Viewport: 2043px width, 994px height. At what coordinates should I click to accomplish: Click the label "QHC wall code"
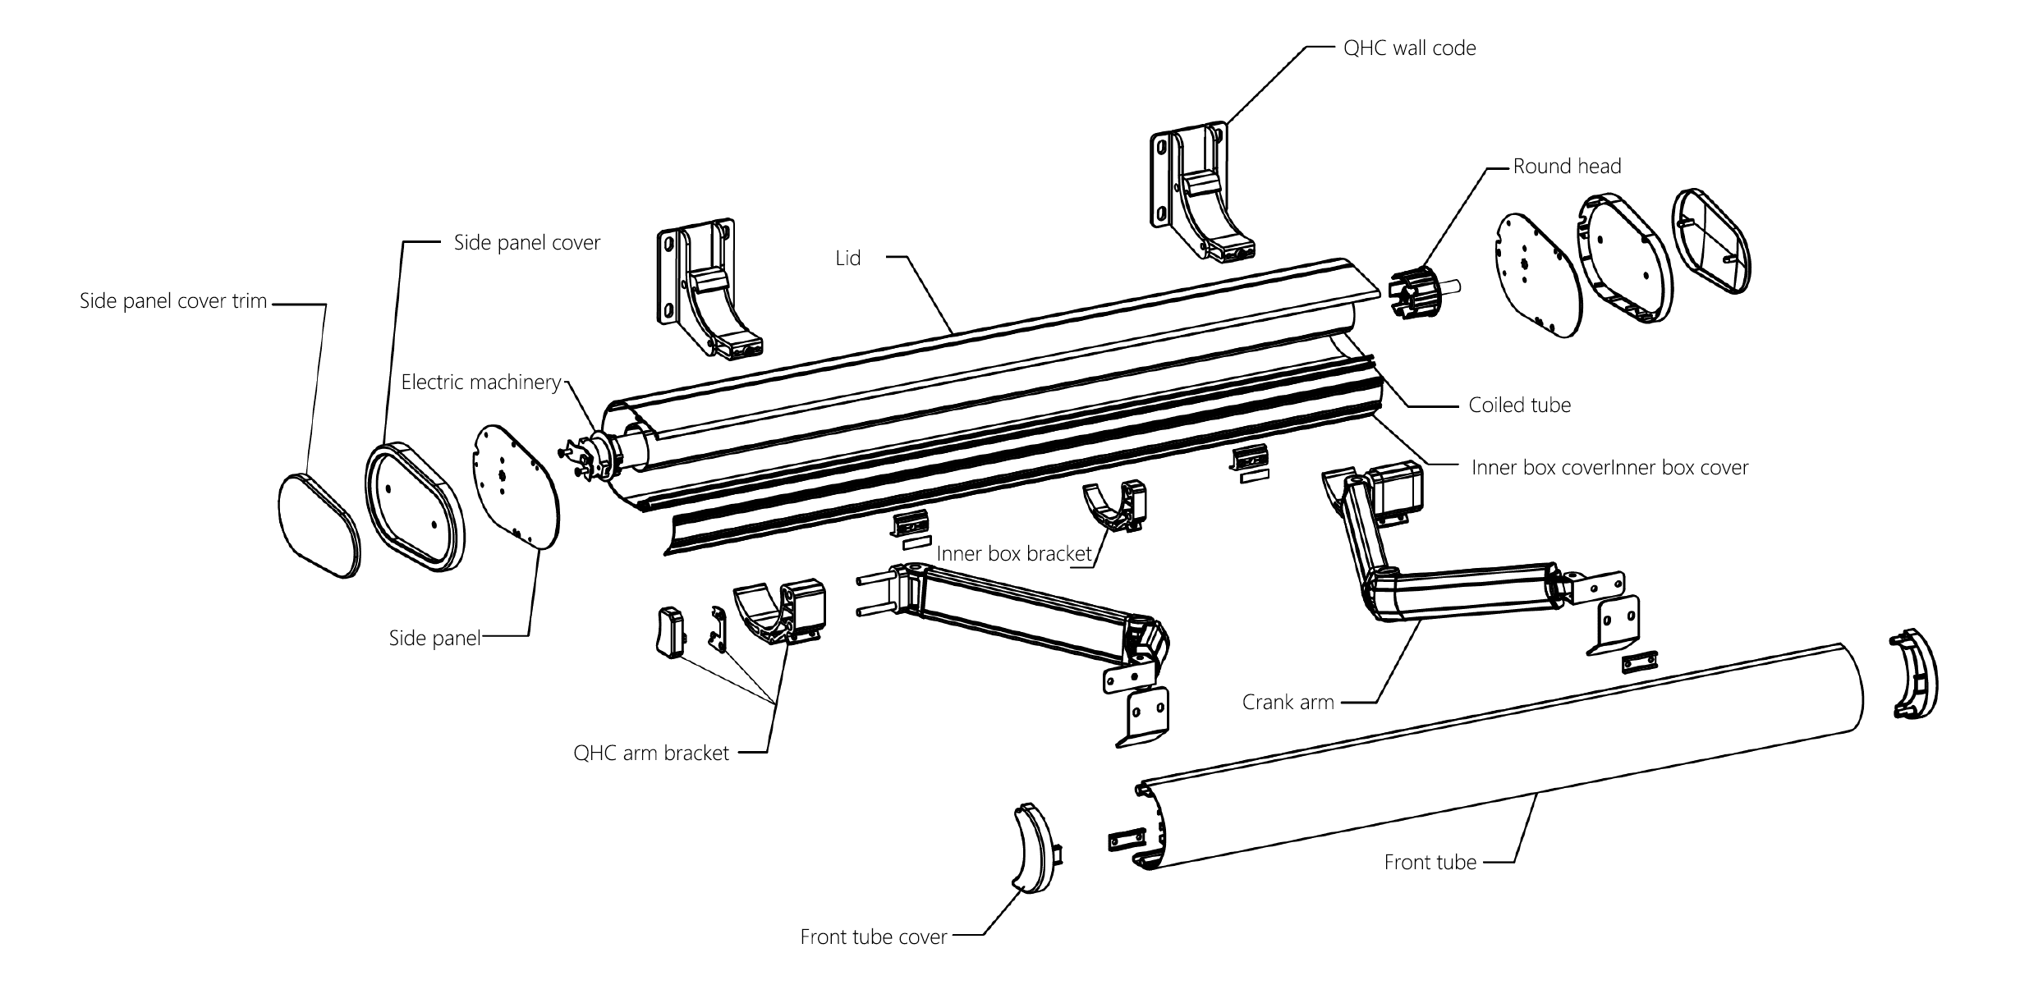(x=1409, y=48)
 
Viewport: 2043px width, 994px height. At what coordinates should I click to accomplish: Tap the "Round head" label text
(x=1567, y=167)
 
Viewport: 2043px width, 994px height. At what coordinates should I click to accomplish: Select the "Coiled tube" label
(x=1519, y=405)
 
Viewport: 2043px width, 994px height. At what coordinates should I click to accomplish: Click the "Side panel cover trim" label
(x=173, y=301)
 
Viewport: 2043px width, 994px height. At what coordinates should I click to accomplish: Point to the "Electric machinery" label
(x=481, y=382)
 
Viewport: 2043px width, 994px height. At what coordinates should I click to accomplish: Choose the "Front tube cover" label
(x=874, y=937)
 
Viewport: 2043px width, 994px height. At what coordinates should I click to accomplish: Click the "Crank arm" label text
(x=1288, y=703)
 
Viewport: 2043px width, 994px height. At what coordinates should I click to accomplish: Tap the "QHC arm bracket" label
(x=651, y=754)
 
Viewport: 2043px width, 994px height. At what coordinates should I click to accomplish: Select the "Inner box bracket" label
(x=1014, y=554)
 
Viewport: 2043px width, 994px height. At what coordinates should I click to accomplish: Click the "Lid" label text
(x=848, y=259)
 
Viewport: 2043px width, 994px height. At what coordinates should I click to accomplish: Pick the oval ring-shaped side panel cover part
(x=415, y=504)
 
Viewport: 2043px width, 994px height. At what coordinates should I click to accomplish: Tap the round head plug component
(x=1412, y=291)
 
